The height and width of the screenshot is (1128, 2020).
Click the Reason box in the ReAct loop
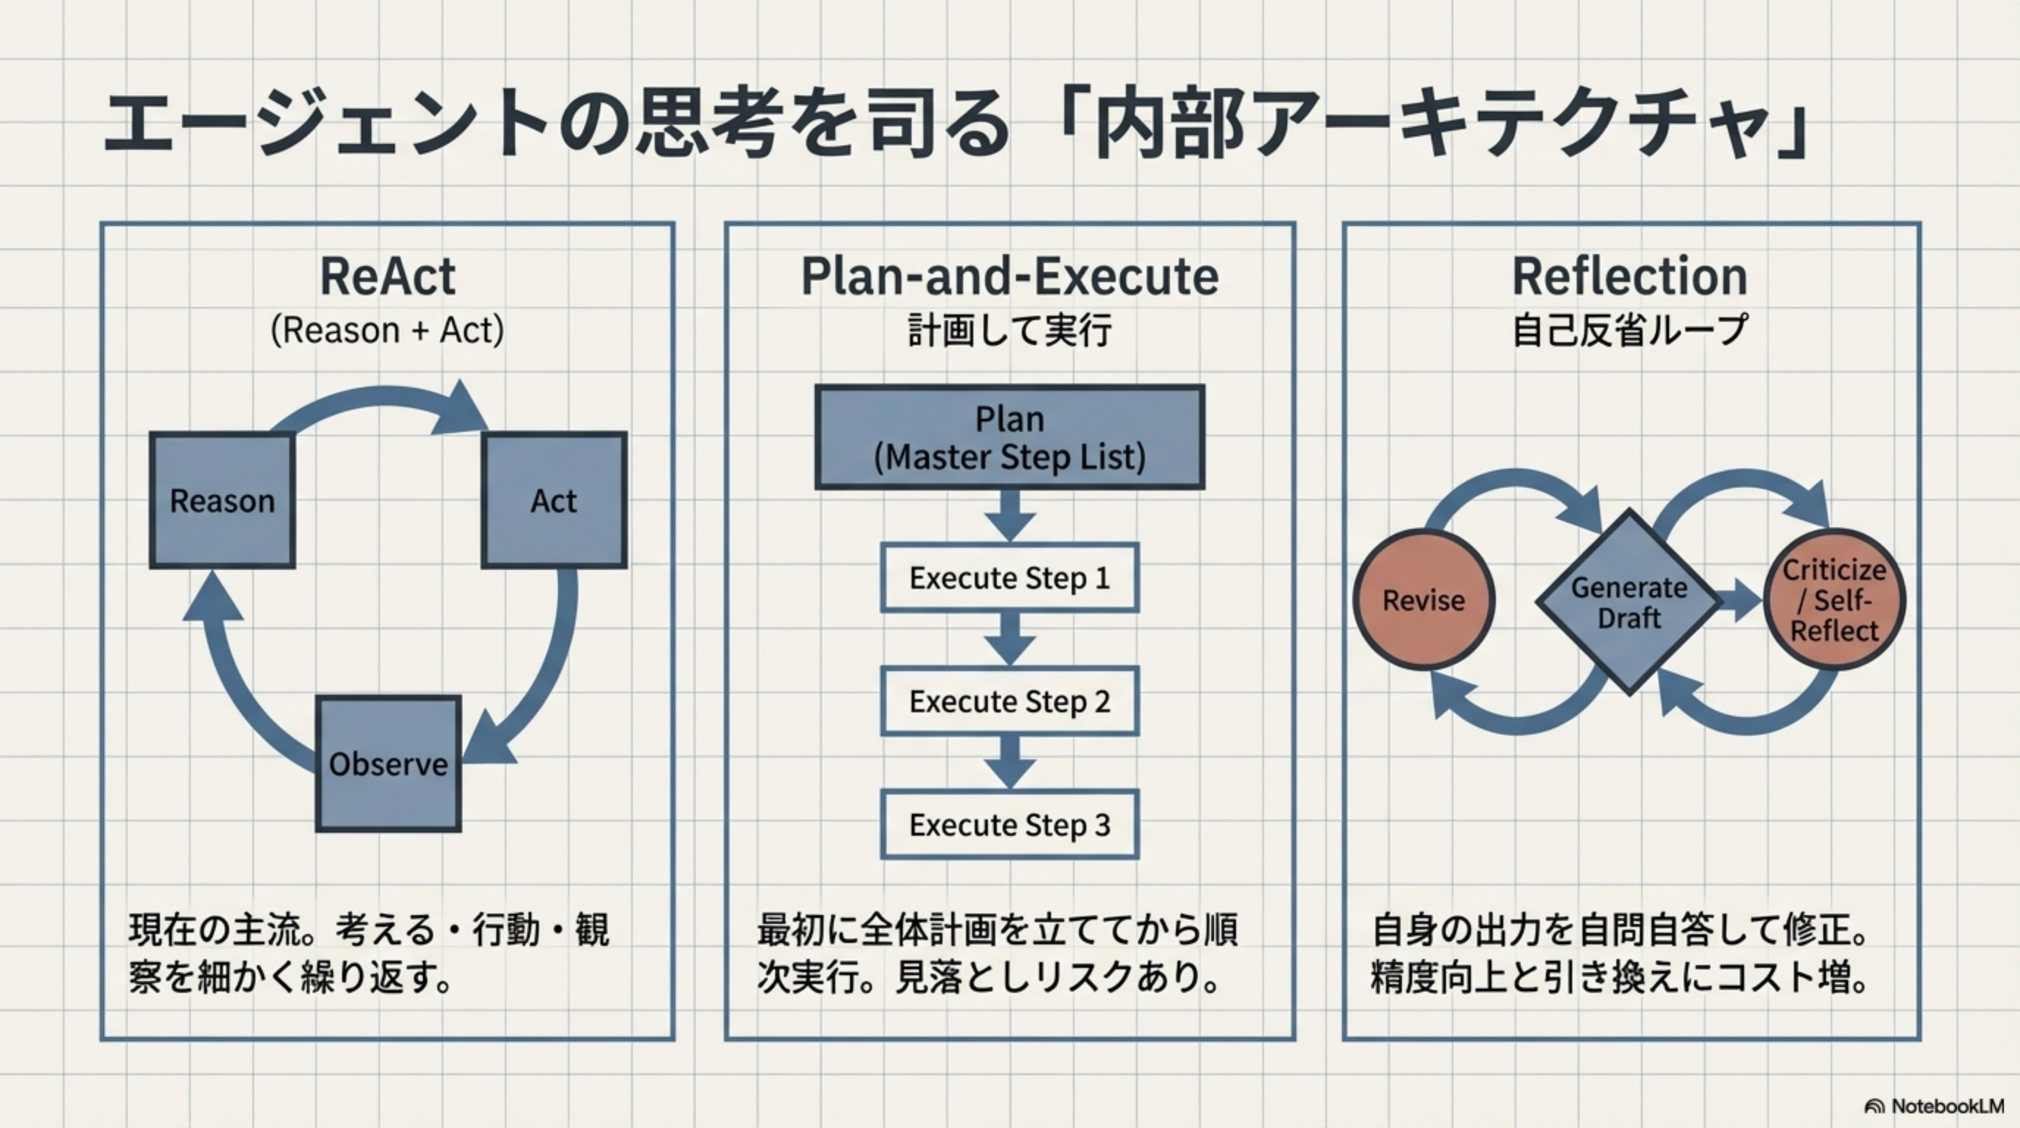click(x=222, y=500)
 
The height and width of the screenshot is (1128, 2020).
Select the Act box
click(x=553, y=500)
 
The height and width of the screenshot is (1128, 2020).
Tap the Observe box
click(x=388, y=764)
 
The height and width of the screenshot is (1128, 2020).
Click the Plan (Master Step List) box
click(x=1010, y=438)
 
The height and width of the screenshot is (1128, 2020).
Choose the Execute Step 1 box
click(x=1010, y=578)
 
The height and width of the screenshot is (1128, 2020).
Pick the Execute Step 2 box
click(x=1010, y=701)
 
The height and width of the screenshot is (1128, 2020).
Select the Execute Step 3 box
click(x=1010, y=825)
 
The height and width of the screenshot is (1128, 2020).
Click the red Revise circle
click(x=1423, y=600)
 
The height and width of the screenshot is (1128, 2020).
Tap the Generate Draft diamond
click(x=1629, y=602)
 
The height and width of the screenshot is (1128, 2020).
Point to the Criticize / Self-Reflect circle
click(x=1834, y=600)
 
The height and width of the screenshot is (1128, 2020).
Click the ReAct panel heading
click(x=388, y=276)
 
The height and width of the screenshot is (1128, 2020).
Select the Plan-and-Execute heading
click(x=1010, y=276)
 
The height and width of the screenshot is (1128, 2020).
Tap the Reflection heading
click(x=1630, y=276)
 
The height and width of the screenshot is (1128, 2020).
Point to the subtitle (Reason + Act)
click(x=388, y=330)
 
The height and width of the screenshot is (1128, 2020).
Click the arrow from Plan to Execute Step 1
click(x=1010, y=516)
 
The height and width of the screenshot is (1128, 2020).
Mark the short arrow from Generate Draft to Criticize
click(x=1741, y=601)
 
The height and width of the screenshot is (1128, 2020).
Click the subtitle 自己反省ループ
click(x=1630, y=330)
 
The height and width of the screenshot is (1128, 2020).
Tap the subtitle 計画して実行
click(x=1010, y=330)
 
